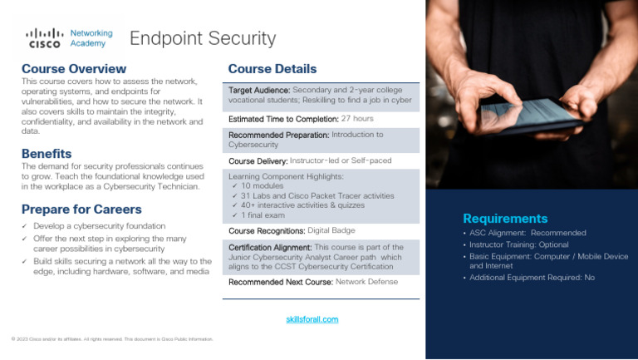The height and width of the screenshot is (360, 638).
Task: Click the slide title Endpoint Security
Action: coord(202,38)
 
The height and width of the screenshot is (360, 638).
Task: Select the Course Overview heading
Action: coord(74,68)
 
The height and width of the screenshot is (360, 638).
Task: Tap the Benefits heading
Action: coord(47,154)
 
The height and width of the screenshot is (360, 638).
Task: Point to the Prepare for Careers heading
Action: coord(81,210)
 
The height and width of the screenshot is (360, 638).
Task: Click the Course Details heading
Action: coord(272,69)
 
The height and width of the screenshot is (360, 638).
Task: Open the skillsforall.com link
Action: coord(312,319)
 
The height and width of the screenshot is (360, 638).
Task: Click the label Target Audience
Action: coord(259,90)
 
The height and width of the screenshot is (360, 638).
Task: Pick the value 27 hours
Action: coord(357,119)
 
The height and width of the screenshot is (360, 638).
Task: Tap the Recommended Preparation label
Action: coord(278,135)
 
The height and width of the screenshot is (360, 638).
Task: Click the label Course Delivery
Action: coord(258,160)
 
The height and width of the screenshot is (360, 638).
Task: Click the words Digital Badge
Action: coord(331,229)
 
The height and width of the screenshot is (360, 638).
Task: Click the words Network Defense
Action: coord(366,282)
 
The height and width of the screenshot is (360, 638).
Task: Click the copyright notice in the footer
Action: coord(112,339)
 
